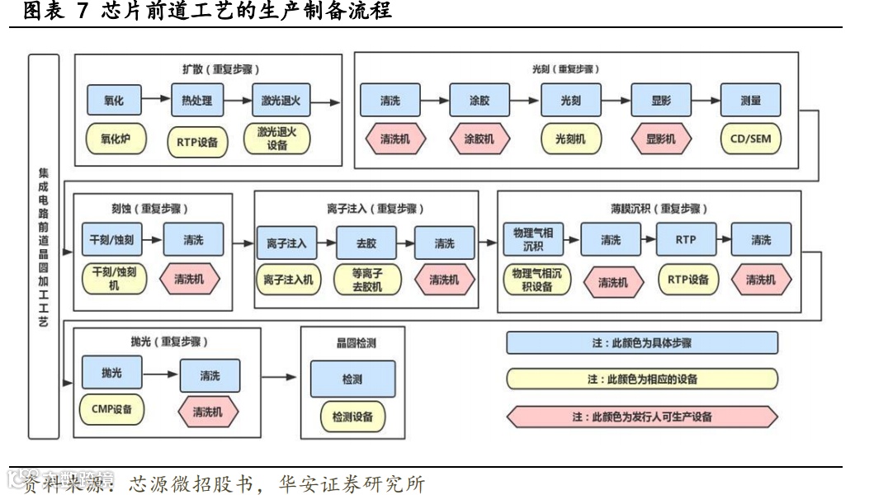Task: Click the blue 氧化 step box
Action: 114,101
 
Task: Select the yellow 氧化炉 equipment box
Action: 115,139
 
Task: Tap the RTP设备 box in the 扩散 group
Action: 197,141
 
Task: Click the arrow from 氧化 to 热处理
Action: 155,101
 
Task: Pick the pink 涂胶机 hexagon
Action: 479,139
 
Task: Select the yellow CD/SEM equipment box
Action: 750,139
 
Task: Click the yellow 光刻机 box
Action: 570,139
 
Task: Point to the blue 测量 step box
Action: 750,101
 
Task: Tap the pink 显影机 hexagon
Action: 660,139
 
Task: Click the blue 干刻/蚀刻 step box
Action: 111,240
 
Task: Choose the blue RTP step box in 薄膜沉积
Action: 686,240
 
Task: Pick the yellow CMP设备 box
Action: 111,408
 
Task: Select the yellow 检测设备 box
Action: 352,417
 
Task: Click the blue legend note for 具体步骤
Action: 642,342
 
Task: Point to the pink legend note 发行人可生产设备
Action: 642,417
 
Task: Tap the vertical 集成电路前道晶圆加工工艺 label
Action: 44,246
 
